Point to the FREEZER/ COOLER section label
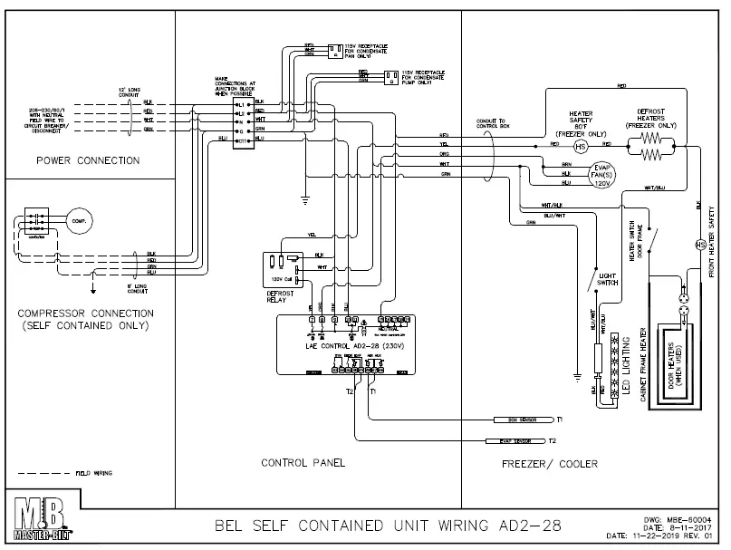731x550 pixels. coord(550,463)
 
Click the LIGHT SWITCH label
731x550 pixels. coord(608,279)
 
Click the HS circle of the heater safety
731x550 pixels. coord(582,145)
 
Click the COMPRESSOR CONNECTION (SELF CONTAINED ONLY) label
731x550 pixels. coord(87,319)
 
